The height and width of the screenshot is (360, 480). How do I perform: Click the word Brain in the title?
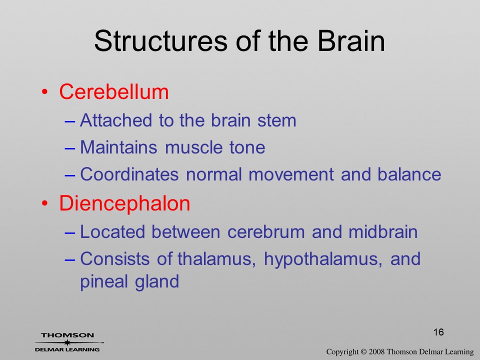click(351, 41)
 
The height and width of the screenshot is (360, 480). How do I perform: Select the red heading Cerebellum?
click(114, 91)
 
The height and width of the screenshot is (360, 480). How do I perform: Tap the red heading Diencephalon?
click(124, 203)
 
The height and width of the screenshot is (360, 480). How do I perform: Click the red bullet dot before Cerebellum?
click(45, 92)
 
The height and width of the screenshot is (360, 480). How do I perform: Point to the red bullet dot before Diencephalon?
click(45, 203)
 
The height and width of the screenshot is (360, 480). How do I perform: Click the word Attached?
click(116, 120)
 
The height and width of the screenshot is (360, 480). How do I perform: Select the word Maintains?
click(119, 147)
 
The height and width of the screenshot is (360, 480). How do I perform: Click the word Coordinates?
click(129, 174)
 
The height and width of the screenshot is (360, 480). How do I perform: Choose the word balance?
click(409, 174)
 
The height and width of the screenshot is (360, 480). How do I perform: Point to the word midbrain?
click(383, 231)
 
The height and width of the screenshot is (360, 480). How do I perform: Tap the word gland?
click(157, 281)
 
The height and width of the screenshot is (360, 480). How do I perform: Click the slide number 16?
click(438, 332)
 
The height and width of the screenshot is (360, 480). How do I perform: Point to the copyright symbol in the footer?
click(363, 351)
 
